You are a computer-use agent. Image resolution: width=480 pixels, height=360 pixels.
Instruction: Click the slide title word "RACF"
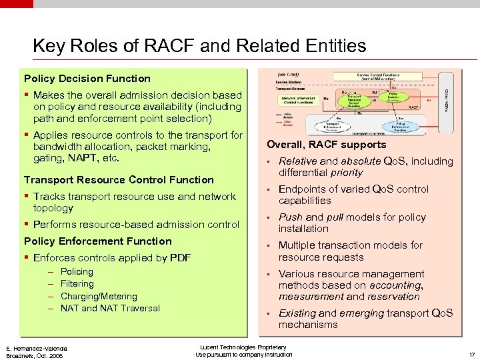click(175, 45)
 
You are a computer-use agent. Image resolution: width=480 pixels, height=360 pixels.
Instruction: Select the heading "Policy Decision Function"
click(87, 78)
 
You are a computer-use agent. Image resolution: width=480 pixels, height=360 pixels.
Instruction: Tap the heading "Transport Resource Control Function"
click(119, 179)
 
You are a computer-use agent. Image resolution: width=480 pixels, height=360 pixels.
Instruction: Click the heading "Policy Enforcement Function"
click(98, 241)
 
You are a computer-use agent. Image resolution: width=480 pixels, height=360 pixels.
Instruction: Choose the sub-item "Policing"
click(77, 271)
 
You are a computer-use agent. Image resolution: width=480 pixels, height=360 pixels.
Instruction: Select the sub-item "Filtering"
click(77, 283)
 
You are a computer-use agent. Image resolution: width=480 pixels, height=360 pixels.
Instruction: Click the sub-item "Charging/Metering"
click(99, 296)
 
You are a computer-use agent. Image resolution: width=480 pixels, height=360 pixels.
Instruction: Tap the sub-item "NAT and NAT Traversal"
click(110, 308)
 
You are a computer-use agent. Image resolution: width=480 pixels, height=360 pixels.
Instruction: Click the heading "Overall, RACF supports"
click(326, 144)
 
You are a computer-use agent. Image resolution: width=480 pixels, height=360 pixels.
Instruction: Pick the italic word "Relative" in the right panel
click(298, 161)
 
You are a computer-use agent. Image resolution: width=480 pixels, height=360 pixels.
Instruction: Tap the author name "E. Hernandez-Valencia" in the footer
click(37, 348)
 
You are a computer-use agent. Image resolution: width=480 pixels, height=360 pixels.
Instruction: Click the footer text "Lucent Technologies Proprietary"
click(243, 347)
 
